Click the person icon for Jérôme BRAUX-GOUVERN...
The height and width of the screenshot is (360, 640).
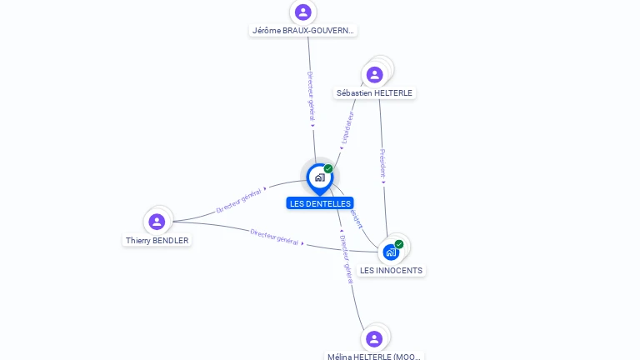(303, 12)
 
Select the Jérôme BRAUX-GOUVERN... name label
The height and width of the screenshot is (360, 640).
(303, 31)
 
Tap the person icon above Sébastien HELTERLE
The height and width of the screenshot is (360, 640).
(375, 74)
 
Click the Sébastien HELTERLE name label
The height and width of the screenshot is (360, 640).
(374, 93)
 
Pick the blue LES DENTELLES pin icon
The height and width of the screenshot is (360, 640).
(319, 177)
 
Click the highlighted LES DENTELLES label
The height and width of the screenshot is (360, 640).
(320, 203)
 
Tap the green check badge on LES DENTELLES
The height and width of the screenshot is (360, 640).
(328, 169)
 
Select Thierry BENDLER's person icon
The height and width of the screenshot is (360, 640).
(157, 222)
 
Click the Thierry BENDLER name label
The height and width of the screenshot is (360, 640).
(157, 241)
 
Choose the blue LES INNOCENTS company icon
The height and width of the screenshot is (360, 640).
(391, 252)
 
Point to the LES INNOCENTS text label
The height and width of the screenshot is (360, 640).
(392, 271)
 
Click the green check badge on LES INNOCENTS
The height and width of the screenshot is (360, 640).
(399, 244)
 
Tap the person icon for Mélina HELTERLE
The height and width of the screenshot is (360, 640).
(374, 338)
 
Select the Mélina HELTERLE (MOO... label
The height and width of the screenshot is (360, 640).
(374, 357)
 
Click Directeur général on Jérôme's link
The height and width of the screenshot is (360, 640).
(310, 97)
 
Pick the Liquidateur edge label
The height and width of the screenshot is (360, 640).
(348, 125)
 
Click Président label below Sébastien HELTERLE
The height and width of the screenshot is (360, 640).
(382, 164)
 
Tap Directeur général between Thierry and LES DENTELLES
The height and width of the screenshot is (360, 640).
(239, 201)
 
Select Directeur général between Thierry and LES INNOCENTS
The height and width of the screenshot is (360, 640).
(274, 236)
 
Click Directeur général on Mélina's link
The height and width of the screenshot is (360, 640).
(346, 259)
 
